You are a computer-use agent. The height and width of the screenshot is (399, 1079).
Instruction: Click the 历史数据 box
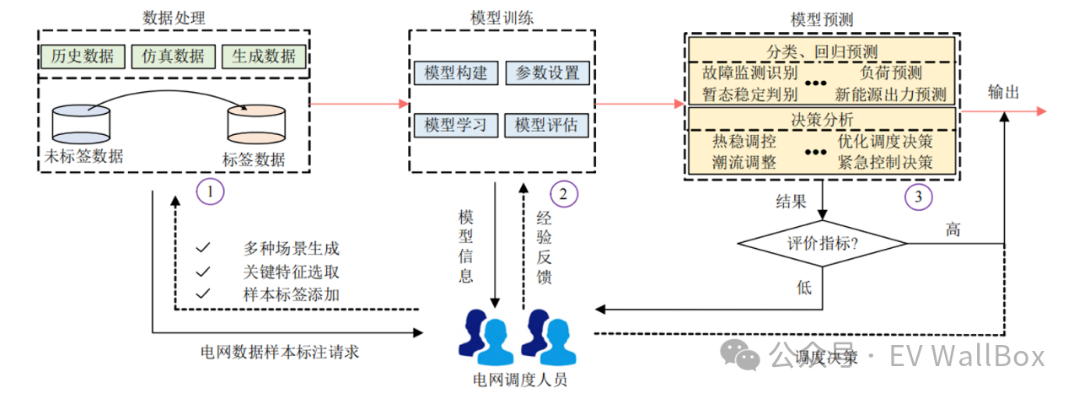click(82, 57)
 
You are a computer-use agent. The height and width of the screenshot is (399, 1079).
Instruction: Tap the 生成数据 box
click(264, 57)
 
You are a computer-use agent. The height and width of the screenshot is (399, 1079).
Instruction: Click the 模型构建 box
click(456, 73)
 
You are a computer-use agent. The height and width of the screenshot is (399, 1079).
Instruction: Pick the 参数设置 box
click(547, 73)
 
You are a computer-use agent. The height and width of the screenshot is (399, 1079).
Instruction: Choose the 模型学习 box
click(456, 125)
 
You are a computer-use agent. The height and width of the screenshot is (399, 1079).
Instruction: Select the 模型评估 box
click(547, 125)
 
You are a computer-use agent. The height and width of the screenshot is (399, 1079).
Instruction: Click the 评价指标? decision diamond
click(822, 244)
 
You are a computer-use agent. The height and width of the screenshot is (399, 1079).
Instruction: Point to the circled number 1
click(211, 192)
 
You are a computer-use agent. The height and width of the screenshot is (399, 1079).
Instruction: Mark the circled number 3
click(919, 197)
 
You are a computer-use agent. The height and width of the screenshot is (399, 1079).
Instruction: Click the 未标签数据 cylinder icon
click(81, 124)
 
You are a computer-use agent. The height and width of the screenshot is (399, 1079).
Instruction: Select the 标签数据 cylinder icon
click(255, 126)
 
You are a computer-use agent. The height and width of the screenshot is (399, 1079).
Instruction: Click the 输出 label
click(1003, 93)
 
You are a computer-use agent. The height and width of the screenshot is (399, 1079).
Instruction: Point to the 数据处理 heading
click(174, 17)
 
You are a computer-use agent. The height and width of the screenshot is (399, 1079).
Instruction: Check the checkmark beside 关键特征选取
click(202, 272)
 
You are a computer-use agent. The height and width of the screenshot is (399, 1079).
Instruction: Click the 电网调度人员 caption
click(520, 379)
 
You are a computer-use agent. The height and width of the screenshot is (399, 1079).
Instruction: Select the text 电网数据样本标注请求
click(281, 352)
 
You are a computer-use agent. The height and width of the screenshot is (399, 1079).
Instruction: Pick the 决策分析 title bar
click(822, 118)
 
